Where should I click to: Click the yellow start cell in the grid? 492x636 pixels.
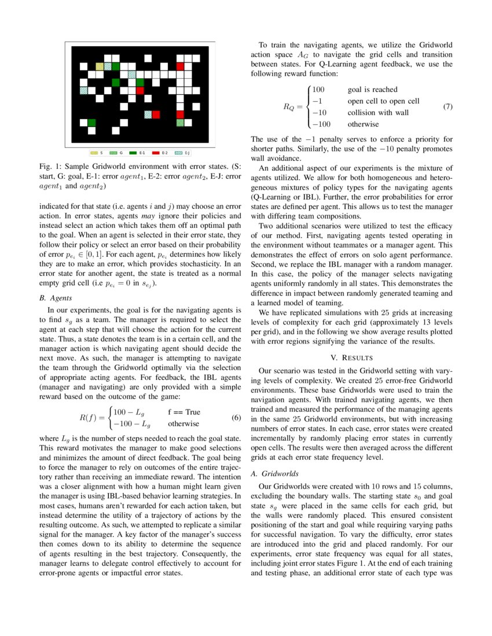click(x=100, y=66)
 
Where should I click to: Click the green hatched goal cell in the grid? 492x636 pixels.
click(x=180, y=123)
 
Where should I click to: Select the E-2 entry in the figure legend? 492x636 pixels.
click(x=160, y=153)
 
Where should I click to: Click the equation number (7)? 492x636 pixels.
click(x=447, y=106)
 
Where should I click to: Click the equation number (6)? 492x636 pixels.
click(x=236, y=417)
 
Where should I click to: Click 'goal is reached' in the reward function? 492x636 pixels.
click(x=372, y=90)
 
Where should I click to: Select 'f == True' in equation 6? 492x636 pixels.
click(x=184, y=412)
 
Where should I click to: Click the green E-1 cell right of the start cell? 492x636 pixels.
click(x=116, y=66)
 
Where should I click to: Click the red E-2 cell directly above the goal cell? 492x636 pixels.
click(x=180, y=114)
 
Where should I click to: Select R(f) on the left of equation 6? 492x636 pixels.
click(x=90, y=417)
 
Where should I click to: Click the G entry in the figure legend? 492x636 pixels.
click(x=118, y=153)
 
